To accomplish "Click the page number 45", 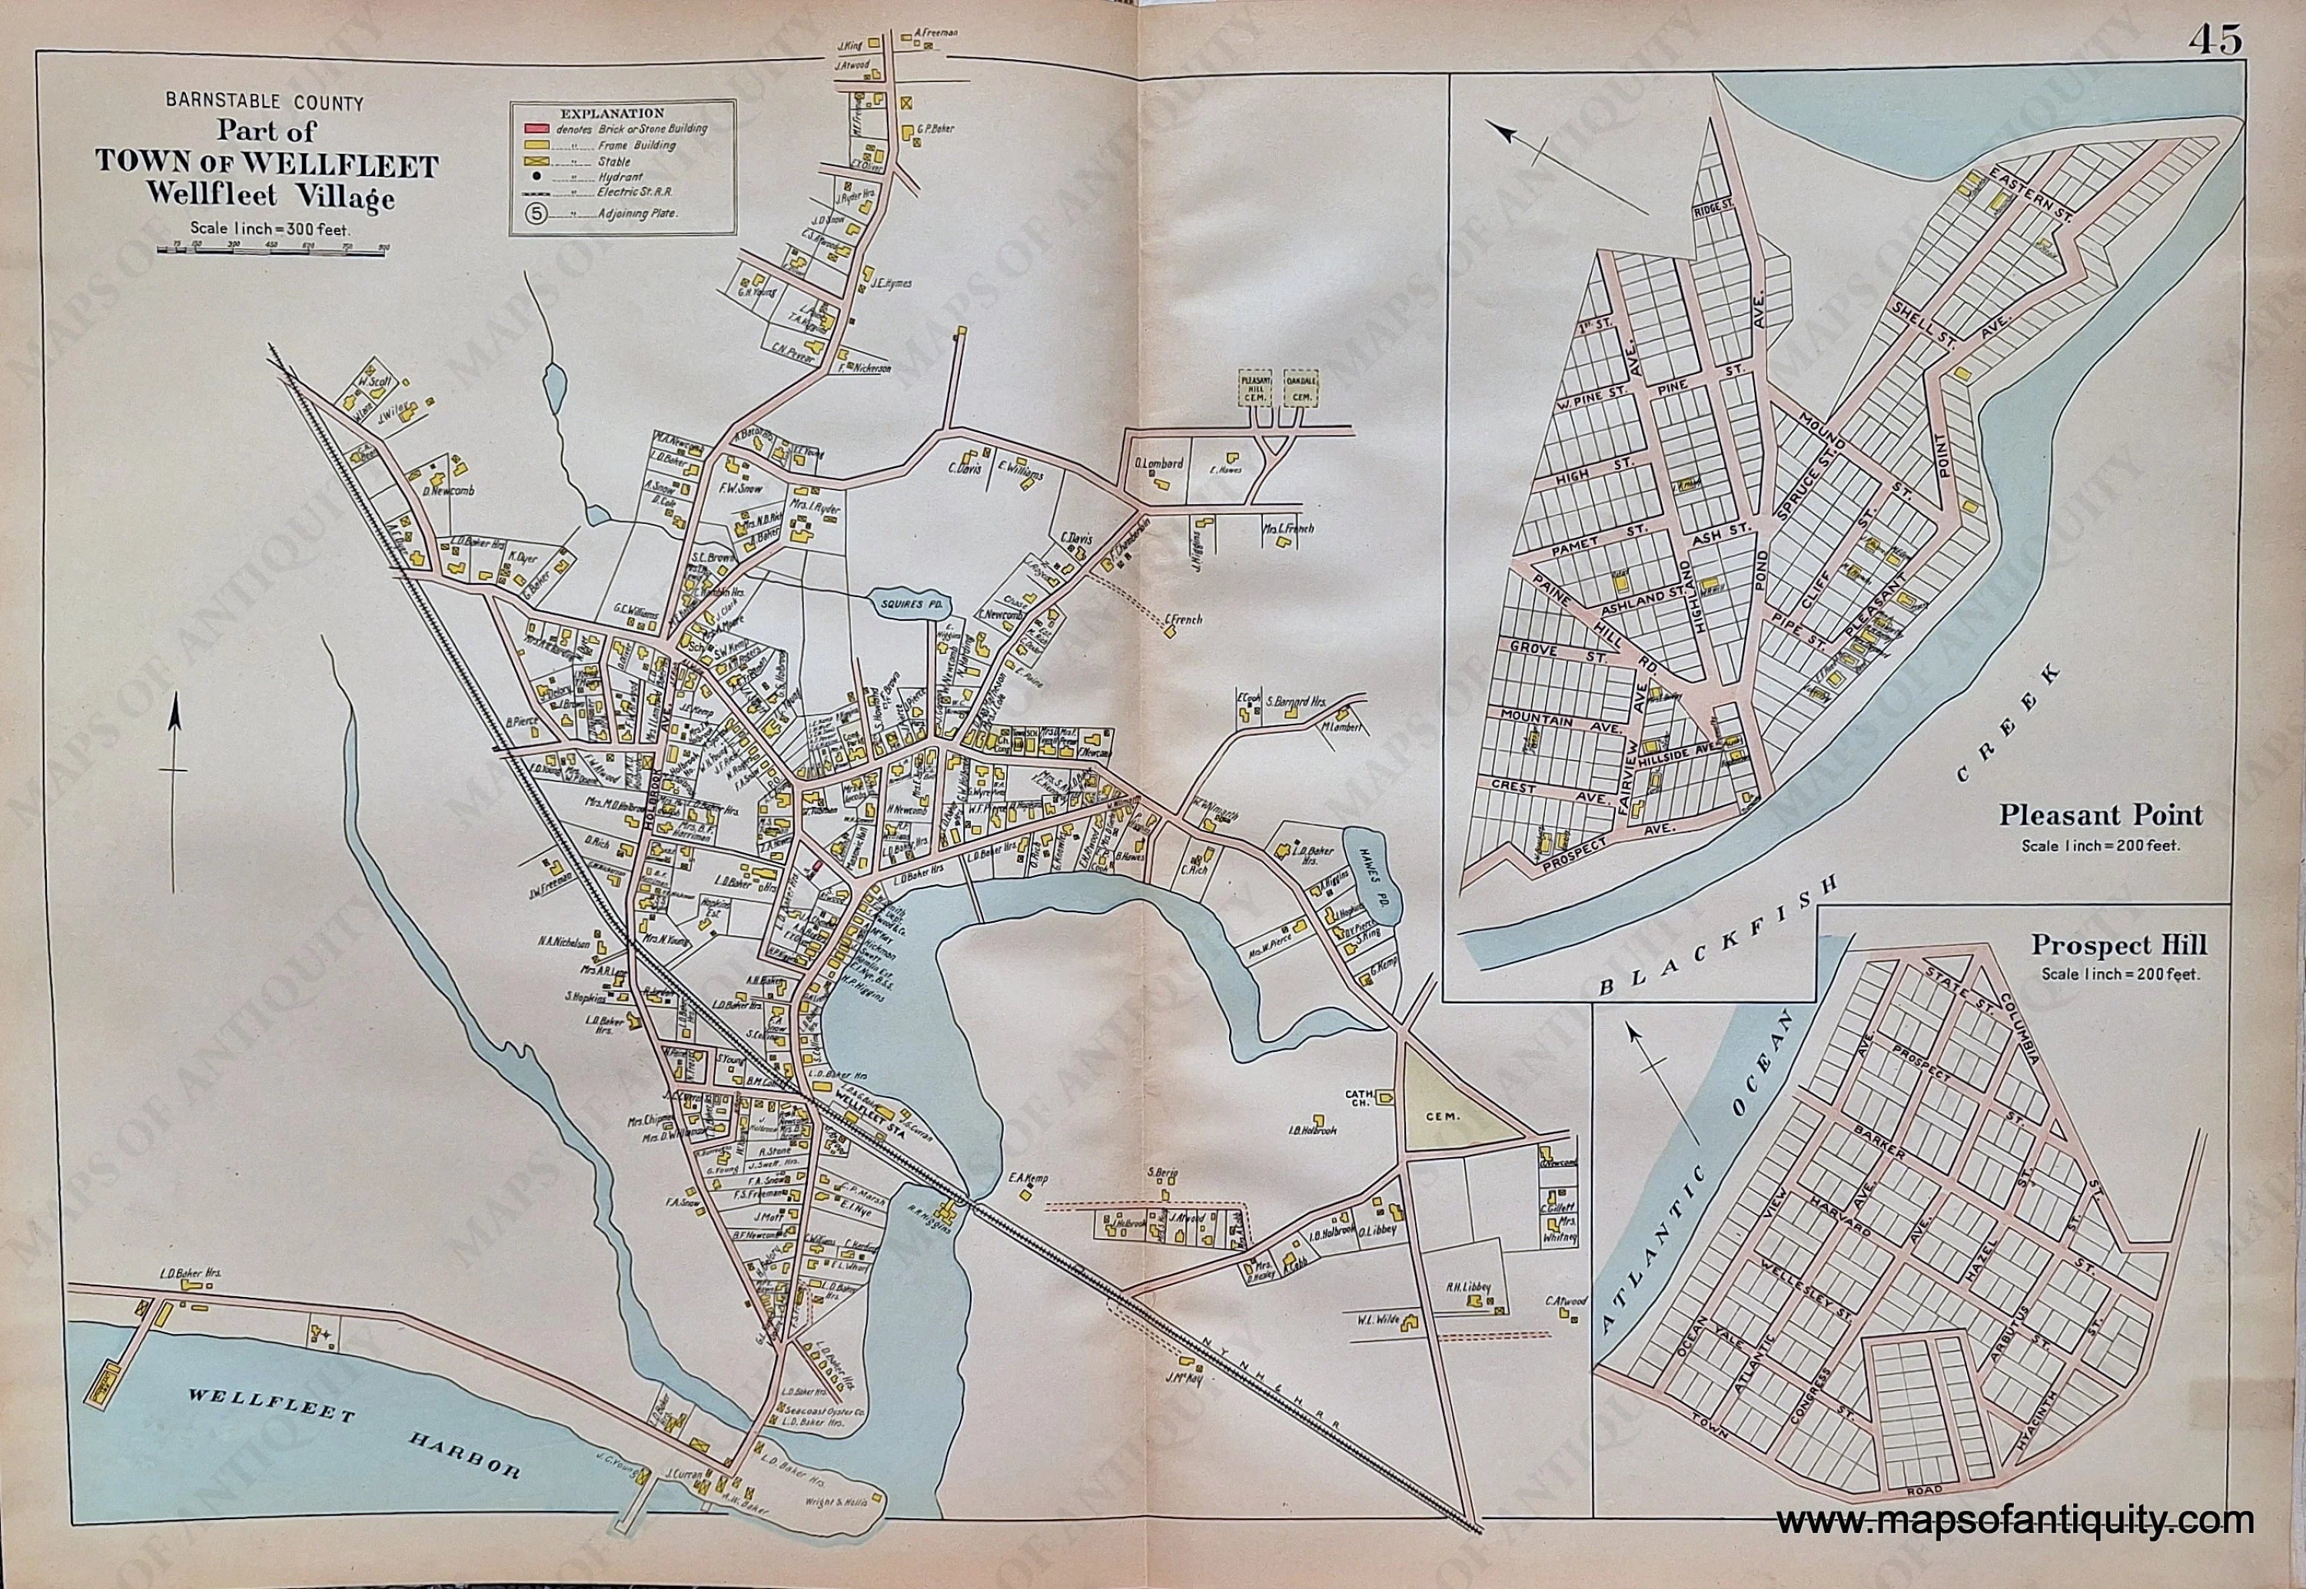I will click(x=2215, y=39).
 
